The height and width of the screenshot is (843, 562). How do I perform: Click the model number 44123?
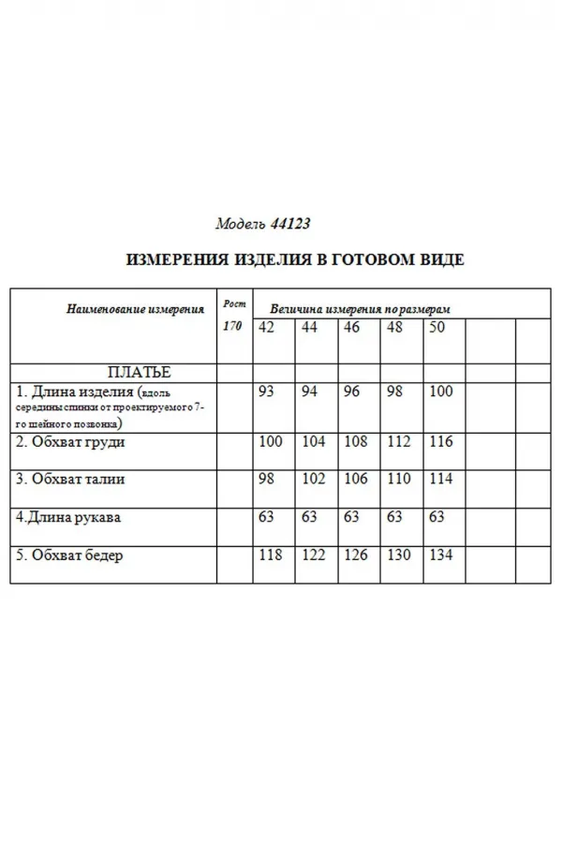tap(290, 225)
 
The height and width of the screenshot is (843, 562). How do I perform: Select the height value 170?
tap(233, 327)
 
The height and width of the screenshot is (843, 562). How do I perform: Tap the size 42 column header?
tap(267, 327)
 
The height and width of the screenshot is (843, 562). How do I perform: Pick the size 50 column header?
tap(436, 327)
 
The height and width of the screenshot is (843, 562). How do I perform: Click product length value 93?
tap(267, 391)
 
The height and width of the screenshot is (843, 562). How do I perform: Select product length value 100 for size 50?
tap(440, 391)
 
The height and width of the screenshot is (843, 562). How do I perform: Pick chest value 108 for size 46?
tap(356, 442)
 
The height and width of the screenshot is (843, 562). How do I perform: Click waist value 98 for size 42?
tap(267, 479)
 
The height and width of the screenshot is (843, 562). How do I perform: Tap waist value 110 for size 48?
tap(399, 479)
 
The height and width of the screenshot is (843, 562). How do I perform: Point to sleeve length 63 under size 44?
tap(310, 516)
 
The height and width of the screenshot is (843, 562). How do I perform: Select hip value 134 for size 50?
tap(440, 555)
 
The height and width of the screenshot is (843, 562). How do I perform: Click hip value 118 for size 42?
tap(270, 555)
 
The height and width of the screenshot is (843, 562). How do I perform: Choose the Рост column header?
tap(233, 303)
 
